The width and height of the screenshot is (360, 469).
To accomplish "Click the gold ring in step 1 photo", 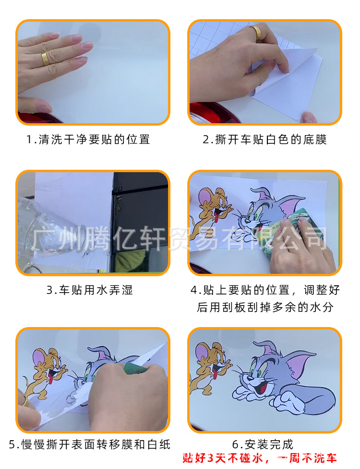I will (45, 59).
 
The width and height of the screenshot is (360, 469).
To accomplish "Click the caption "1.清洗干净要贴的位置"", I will (88, 140).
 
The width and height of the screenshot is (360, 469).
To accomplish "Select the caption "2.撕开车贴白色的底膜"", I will (264, 140).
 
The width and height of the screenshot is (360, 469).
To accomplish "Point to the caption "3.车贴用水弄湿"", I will (89, 290).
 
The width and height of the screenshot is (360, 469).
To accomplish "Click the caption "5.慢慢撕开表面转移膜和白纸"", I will (89, 445).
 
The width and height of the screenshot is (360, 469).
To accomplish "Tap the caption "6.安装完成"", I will (263, 445).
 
